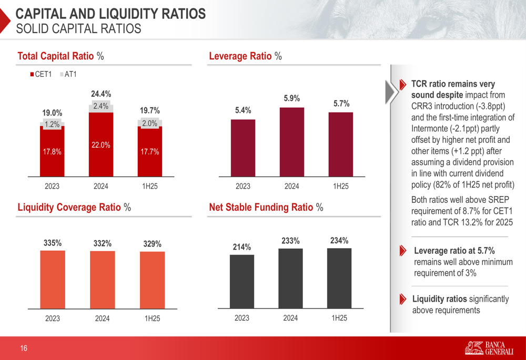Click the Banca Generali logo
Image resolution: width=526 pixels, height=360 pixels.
pyautogui.click(x=489, y=348)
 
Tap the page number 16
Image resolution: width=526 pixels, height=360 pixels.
pyautogui.click(x=24, y=348)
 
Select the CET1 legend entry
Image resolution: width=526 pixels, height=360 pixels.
pyautogui.click(x=41, y=74)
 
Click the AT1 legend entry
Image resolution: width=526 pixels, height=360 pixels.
pyautogui.click(x=68, y=74)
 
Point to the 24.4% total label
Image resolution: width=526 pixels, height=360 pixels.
pyautogui.click(x=101, y=94)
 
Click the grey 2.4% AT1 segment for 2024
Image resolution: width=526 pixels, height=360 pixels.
pyautogui.click(x=101, y=107)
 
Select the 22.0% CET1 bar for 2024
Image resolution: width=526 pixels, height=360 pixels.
pyautogui.click(x=101, y=145)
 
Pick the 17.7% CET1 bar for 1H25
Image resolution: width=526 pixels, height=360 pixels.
pyautogui.click(x=150, y=152)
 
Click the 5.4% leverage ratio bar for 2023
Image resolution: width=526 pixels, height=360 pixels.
pyautogui.click(x=243, y=147)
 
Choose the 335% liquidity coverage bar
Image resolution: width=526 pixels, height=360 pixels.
pyautogui.click(x=53, y=279)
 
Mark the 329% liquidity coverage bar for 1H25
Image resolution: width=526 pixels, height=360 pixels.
pyautogui.click(x=152, y=280)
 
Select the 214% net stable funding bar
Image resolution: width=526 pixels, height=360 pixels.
pyautogui.click(x=242, y=281)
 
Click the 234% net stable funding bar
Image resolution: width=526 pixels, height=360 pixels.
pyautogui.click(x=339, y=278)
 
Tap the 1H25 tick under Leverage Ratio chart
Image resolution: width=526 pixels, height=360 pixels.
pyautogui.click(x=341, y=186)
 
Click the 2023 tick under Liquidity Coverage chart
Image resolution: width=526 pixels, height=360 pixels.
pyautogui.click(x=53, y=318)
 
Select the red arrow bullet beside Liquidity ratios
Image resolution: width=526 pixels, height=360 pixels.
pyautogui.click(x=402, y=299)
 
